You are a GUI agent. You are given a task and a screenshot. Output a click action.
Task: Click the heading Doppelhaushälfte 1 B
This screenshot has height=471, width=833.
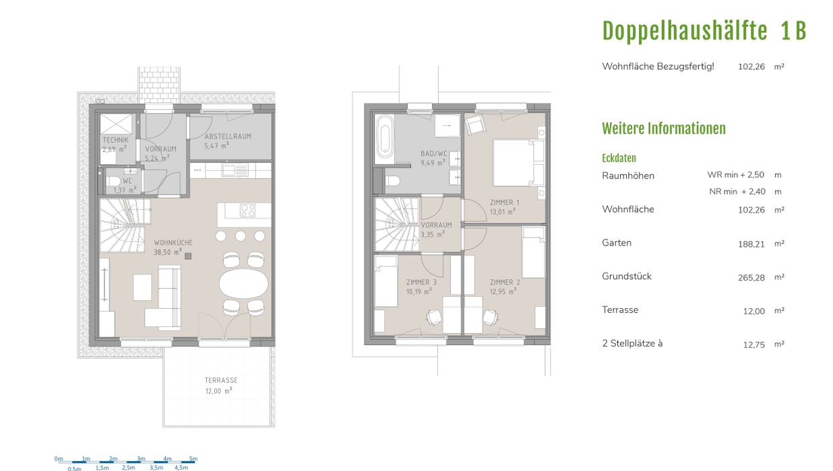click(x=704, y=31)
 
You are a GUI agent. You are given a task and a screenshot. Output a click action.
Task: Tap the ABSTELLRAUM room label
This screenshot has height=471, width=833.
click(x=228, y=136)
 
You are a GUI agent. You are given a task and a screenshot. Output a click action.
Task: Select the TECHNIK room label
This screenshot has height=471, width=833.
click(x=115, y=140)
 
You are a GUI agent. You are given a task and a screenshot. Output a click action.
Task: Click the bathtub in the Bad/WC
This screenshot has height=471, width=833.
click(x=385, y=137)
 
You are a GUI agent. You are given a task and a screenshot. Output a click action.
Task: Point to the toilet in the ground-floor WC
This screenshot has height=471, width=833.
click(x=113, y=182)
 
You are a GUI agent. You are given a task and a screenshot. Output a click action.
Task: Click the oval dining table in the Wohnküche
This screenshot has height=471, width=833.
click(x=243, y=283)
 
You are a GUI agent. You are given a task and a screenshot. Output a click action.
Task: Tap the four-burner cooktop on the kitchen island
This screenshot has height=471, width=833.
click(x=247, y=211)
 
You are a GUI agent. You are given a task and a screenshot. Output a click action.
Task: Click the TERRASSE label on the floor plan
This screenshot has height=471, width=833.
click(x=221, y=380)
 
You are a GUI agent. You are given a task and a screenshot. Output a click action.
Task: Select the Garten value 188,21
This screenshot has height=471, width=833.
click(x=751, y=244)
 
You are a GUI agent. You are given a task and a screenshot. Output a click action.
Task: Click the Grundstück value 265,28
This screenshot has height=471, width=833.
click(x=751, y=278)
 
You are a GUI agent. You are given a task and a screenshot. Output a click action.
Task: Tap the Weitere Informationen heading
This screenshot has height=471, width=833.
click(x=664, y=129)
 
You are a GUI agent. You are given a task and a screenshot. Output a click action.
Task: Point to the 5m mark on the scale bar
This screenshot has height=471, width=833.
click(x=193, y=459)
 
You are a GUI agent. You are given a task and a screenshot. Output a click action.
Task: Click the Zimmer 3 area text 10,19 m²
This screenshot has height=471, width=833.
click(x=419, y=291)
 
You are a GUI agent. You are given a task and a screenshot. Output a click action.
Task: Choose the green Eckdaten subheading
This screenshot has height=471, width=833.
click(x=619, y=158)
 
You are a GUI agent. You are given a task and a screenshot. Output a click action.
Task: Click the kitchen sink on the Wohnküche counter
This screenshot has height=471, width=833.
click(x=235, y=171)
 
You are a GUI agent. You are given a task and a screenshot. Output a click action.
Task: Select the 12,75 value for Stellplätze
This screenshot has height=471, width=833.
click(x=753, y=345)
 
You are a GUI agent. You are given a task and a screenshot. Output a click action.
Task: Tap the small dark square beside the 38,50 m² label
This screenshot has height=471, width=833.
click(x=188, y=256)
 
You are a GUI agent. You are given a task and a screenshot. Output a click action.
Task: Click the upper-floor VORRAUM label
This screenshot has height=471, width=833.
click(x=436, y=225)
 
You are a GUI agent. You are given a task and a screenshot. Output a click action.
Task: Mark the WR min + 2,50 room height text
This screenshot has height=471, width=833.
click(x=735, y=175)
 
